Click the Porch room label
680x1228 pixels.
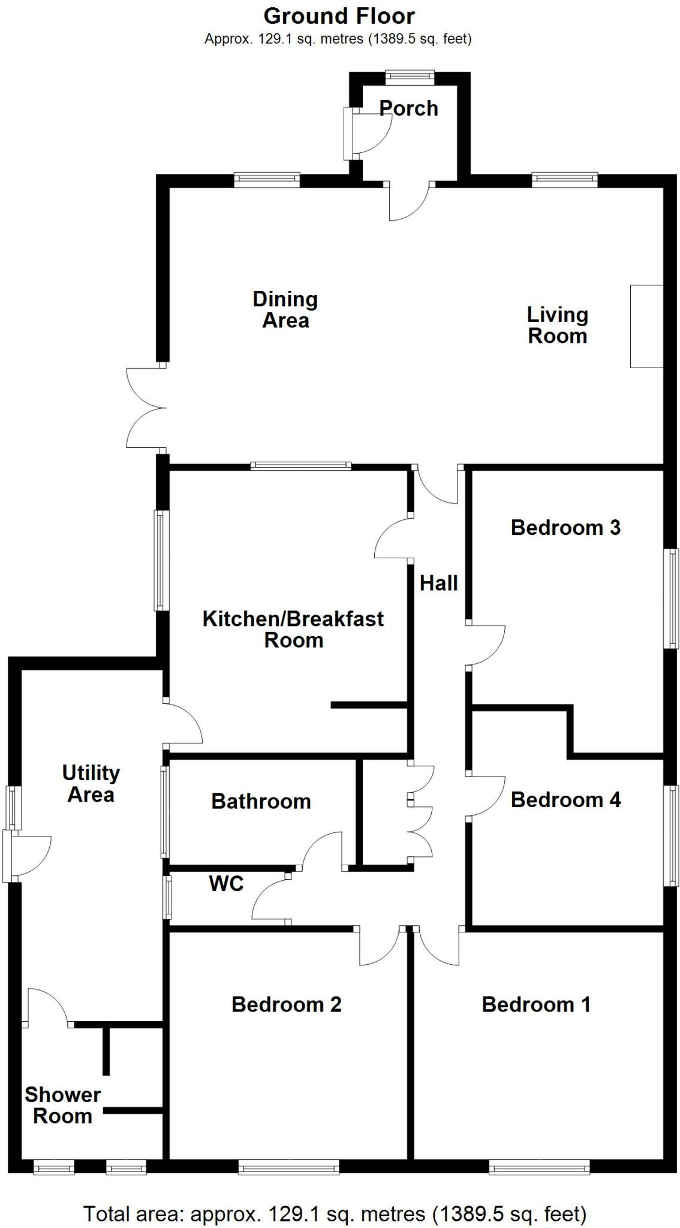click(x=408, y=109)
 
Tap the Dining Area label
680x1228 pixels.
click(x=285, y=309)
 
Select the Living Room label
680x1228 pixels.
click(x=557, y=325)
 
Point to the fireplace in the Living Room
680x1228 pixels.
click(x=646, y=326)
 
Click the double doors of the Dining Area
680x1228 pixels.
click(x=146, y=408)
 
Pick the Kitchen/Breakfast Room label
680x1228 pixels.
click(x=293, y=629)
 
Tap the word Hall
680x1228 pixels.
click(x=438, y=583)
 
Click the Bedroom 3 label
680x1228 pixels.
click(x=565, y=528)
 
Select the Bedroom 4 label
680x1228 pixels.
click(x=565, y=799)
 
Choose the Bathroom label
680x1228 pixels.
click(x=261, y=801)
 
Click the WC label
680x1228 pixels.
click(x=226, y=883)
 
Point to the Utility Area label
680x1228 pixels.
click(x=91, y=784)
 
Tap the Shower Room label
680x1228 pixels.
click(x=62, y=1105)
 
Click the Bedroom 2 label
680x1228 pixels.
click(x=287, y=1004)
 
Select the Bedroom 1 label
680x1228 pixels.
click(x=536, y=1004)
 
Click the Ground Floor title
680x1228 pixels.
click(x=339, y=16)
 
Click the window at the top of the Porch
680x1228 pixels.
click(x=410, y=76)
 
